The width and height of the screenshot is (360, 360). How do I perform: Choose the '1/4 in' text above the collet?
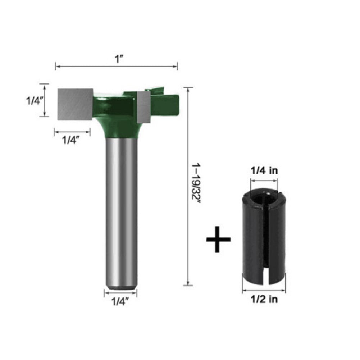click(264, 171)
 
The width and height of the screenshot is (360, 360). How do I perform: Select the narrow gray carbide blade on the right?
click(143, 107)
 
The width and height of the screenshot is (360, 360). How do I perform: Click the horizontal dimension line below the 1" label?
click(117, 66)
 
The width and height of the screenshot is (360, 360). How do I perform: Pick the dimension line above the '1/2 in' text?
click(264, 290)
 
